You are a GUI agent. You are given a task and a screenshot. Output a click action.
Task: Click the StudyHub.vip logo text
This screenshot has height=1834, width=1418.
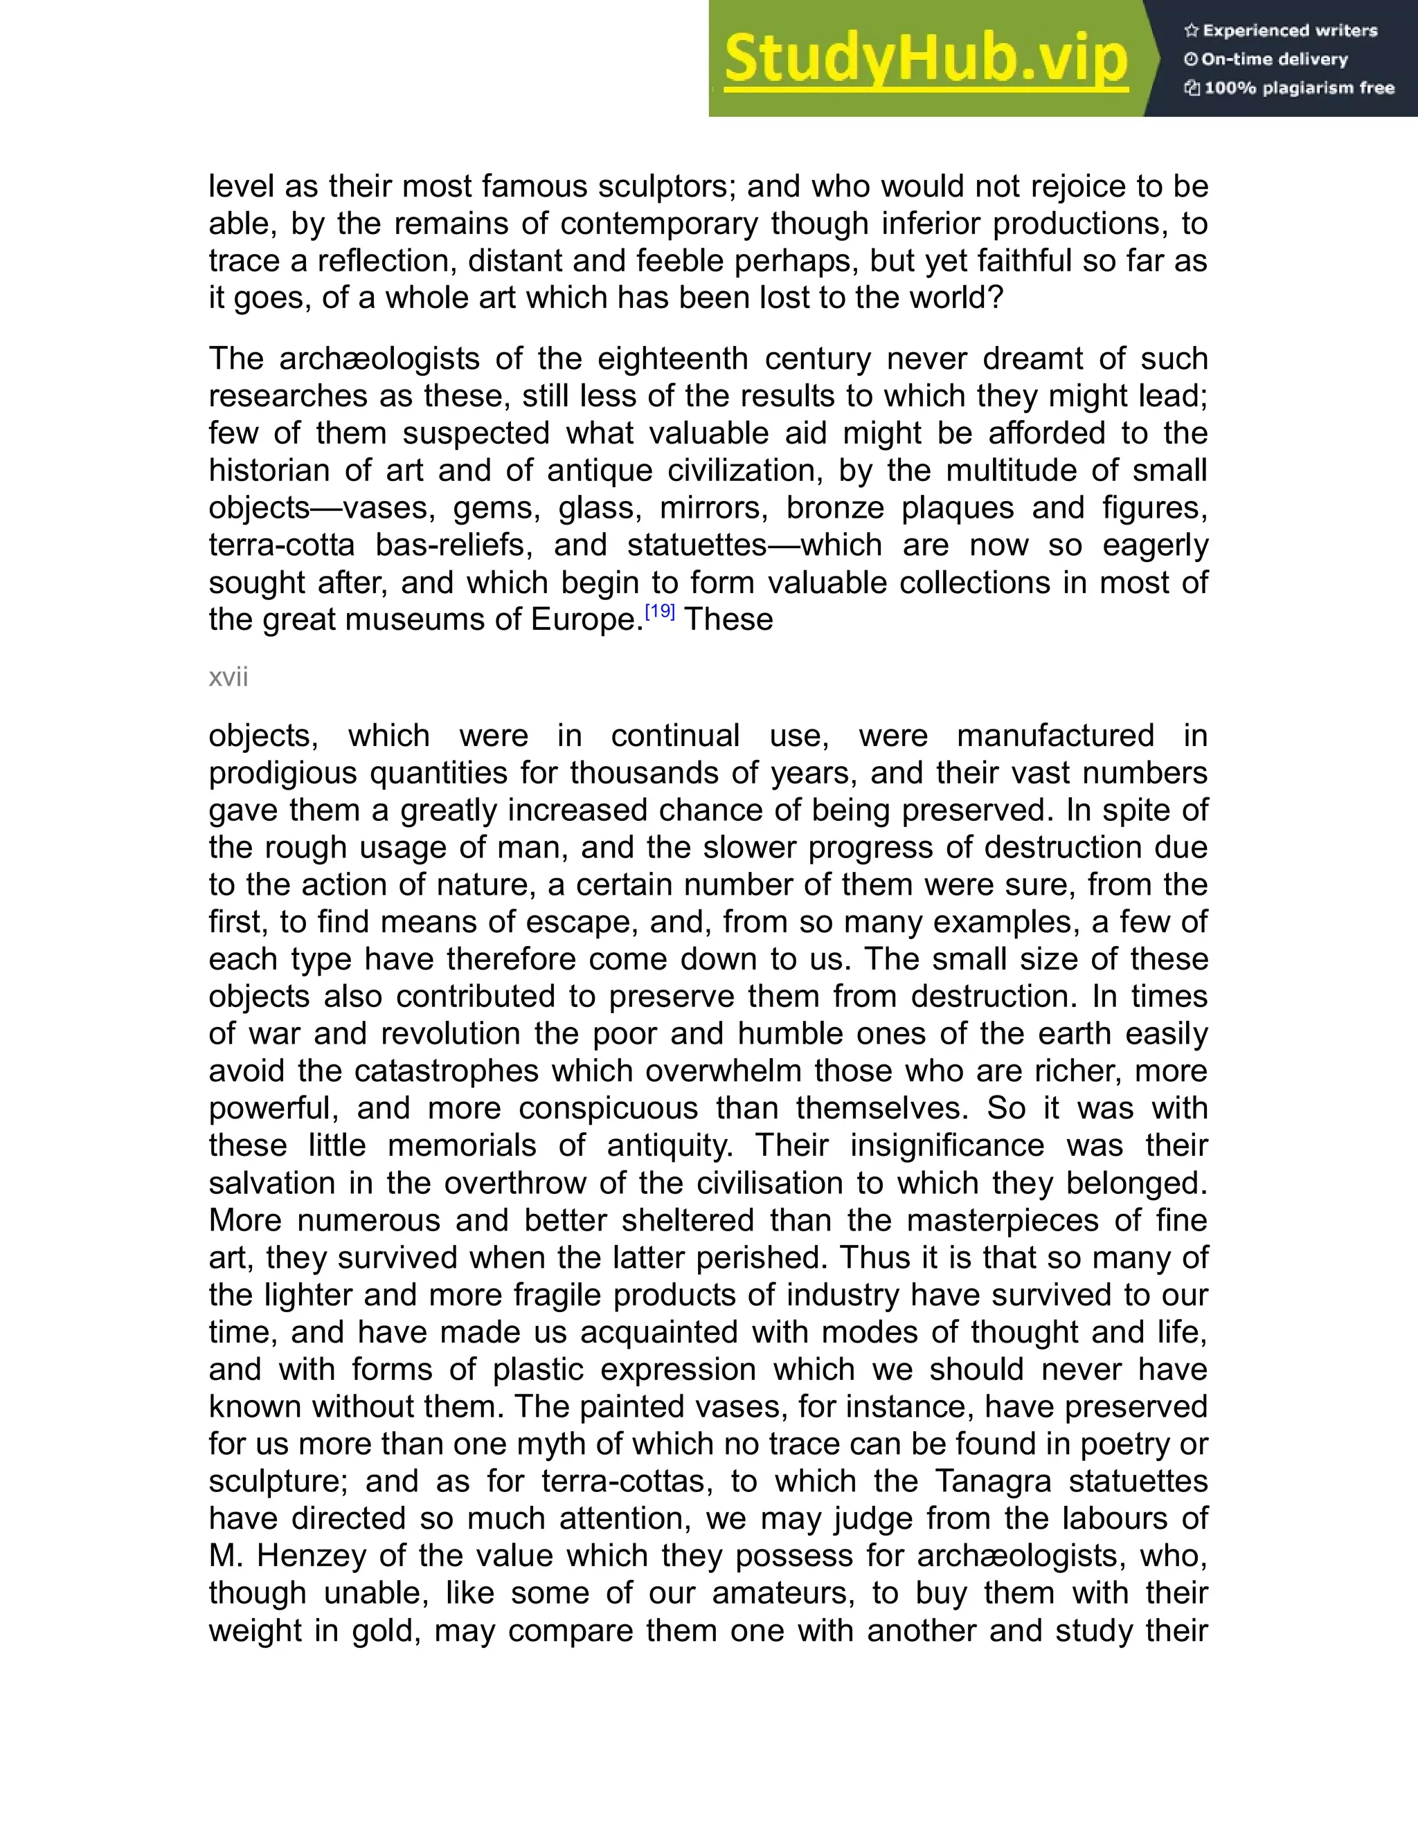pos(925,59)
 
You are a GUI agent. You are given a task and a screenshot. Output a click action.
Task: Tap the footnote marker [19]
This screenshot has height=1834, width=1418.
pos(659,611)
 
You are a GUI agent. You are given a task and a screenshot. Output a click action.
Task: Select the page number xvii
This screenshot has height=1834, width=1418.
pos(228,677)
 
